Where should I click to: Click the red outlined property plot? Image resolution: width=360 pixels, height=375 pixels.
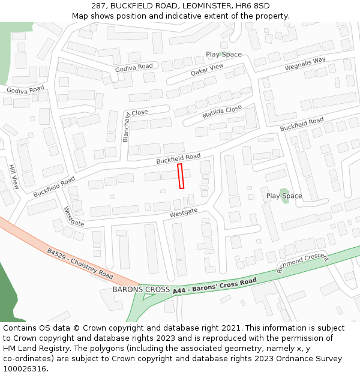181,176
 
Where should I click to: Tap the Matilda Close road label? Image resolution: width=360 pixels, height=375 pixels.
222,112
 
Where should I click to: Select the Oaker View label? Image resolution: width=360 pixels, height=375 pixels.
207,70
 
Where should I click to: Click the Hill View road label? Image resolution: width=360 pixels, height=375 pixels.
13,177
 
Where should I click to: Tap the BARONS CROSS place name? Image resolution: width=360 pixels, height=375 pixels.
141,289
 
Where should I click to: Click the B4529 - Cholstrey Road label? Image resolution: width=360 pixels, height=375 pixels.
80,265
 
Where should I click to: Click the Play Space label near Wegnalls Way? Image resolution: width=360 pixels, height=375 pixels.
224,55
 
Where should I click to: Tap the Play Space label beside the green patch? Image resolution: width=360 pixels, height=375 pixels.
284,196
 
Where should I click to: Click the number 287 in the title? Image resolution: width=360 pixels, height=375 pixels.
99,6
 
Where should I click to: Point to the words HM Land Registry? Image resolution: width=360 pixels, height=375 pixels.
32,349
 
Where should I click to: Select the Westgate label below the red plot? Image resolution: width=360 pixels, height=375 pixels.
184,213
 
